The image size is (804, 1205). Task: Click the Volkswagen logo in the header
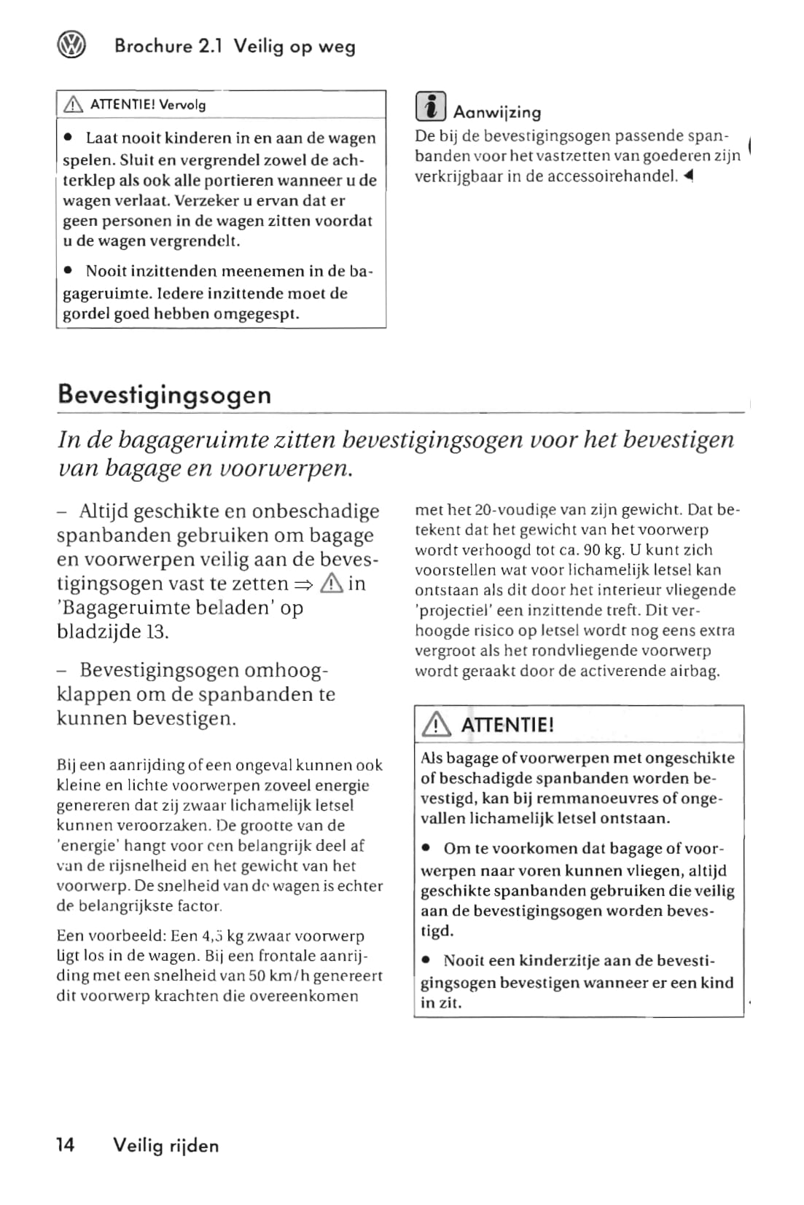71,46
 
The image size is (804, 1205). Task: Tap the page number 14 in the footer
65,1145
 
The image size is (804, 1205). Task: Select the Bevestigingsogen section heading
164,394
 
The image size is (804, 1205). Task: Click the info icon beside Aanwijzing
430,106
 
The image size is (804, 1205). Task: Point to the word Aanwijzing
497,112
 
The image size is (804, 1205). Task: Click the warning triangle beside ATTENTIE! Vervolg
74,105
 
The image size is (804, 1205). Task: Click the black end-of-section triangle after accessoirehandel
689,176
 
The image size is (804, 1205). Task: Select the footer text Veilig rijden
165,1145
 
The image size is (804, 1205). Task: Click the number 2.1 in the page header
210,47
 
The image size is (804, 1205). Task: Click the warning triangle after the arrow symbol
331,583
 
